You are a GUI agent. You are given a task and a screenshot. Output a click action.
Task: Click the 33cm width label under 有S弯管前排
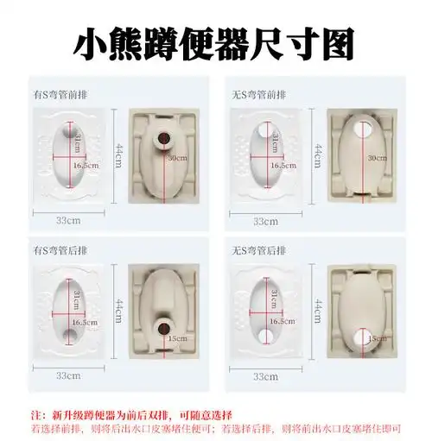click(x=69, y=220)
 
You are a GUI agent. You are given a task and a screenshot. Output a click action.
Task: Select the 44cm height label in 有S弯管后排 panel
click(x=120, y=306)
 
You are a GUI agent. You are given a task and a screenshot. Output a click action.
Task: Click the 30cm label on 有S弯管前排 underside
click(x=178, y=158)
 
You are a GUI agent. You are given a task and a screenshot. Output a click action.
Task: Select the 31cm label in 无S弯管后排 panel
click(x=275, y=299)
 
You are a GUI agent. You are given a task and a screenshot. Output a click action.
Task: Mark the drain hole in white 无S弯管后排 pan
click(x=259, y=332)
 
